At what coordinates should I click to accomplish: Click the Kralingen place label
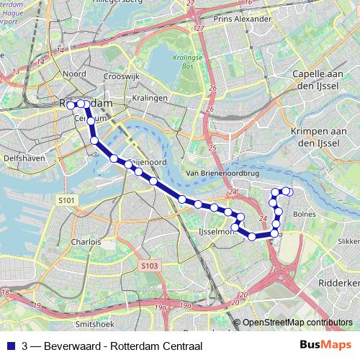(x=150, y=97)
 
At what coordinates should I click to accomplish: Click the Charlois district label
(x=86, y=242)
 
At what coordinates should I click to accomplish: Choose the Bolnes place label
(x=305, y=214)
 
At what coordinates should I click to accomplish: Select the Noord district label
(x=75, y=73)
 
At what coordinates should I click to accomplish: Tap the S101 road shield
(x=66, y=199)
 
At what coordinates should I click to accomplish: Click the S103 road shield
(x=149, y=266)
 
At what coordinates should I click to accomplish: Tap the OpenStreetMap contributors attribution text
(x=297, y=323)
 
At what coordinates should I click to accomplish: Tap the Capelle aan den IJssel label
(x=320, y=78)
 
